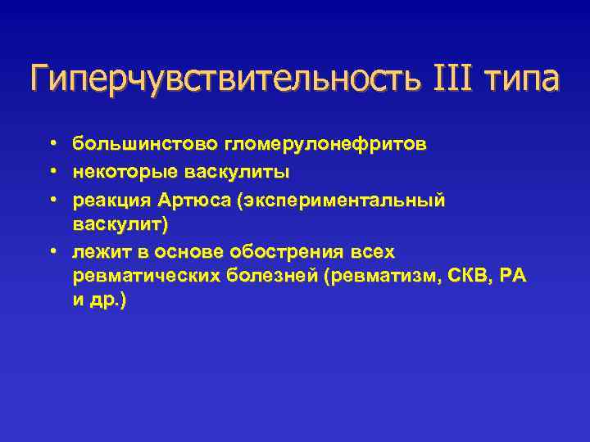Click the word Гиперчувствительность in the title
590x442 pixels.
click(x=222, y=79)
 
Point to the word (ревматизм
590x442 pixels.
click(x=375, y=276)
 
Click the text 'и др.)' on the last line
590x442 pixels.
click(x=99, y=300)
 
